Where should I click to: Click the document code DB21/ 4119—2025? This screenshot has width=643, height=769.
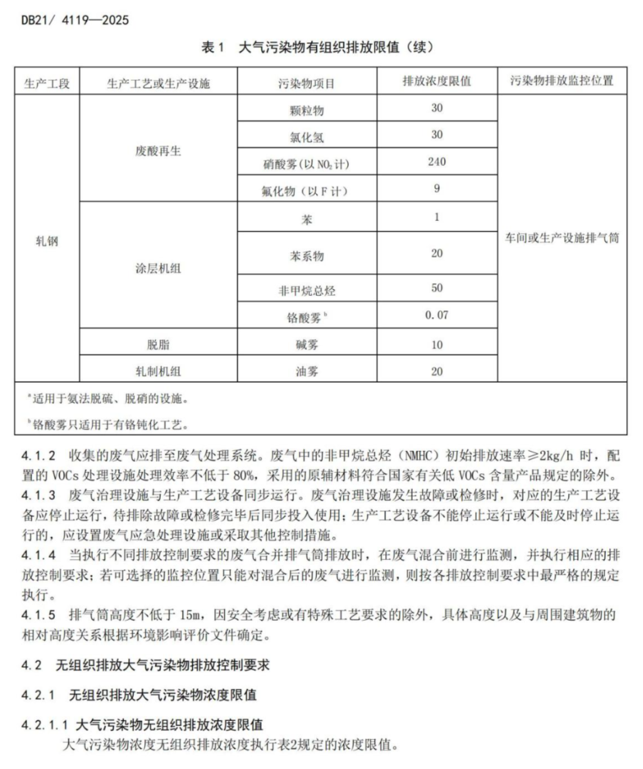pos(75,20)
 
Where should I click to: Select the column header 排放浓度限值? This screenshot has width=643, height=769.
pos(436,81)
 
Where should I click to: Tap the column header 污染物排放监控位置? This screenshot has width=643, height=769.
pos(561,81)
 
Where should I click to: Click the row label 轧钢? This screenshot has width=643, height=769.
pos(47,241)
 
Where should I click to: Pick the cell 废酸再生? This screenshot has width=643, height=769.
pos(158,151)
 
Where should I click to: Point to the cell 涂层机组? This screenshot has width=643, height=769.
pos(158,268)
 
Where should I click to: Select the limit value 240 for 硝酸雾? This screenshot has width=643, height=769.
pos(436,162)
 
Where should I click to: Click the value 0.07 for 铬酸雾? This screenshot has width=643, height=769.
pos(436,315)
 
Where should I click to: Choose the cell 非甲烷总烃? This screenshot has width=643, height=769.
pos(307,291)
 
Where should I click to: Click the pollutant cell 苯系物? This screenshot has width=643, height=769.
pos(307,256)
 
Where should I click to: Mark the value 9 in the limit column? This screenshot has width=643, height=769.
pos(436,189)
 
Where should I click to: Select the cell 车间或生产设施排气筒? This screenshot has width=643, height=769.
pos(561,238)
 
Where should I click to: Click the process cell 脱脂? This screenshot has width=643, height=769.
pos(158,345)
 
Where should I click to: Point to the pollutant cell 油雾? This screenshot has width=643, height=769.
pos(307,371)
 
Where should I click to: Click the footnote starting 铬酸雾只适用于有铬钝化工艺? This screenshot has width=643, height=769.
pos(110,425)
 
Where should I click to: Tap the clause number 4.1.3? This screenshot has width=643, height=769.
pos(39,496)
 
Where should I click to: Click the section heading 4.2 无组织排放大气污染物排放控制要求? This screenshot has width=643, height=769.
pos(146,665)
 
